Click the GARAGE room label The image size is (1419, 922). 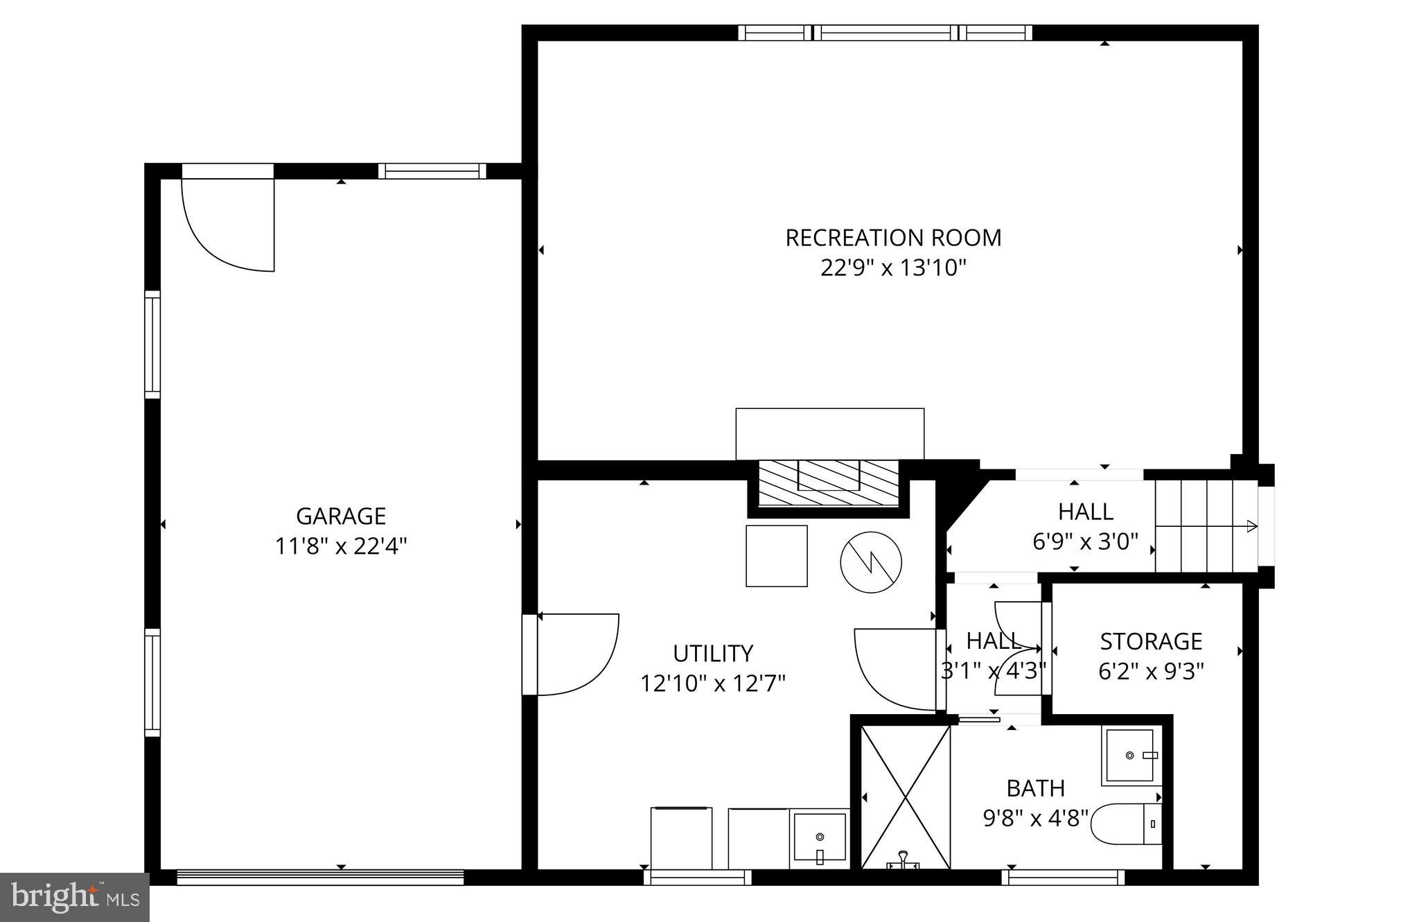coord(340,516)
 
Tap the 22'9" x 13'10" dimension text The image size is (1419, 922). coord(892,268)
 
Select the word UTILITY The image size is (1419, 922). coord(712,654)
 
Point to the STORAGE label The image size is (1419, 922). coord(1151,641)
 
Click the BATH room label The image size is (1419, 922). coord(1035,788)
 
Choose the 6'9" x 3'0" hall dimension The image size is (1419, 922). coord(1085,541)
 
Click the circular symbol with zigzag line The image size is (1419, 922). coord(871,562)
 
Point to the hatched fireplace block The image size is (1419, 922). coord(828,482)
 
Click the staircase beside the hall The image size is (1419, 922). coord(1206,526)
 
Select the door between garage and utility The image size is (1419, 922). coord(575,653)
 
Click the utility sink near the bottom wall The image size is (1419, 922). coord(820,838)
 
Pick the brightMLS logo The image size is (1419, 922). coord(75,898)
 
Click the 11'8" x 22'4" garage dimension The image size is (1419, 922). coord(340,547)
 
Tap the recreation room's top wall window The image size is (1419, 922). coord(885,33)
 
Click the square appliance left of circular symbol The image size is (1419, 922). coord(776,556)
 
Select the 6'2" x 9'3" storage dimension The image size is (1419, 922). coord(1151,672)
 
